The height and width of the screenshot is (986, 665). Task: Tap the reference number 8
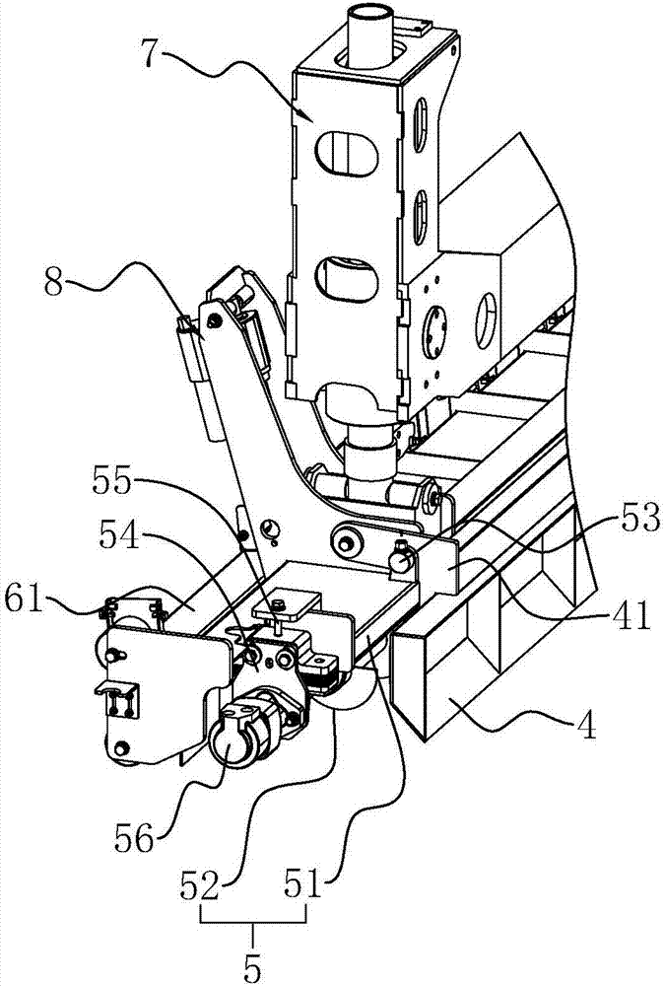[x=55, y=283]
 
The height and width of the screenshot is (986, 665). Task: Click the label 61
[x=23, y=599]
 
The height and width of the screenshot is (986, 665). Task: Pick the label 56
[x=134, y=836]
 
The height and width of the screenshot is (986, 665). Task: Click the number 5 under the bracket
[x=252, y=968]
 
